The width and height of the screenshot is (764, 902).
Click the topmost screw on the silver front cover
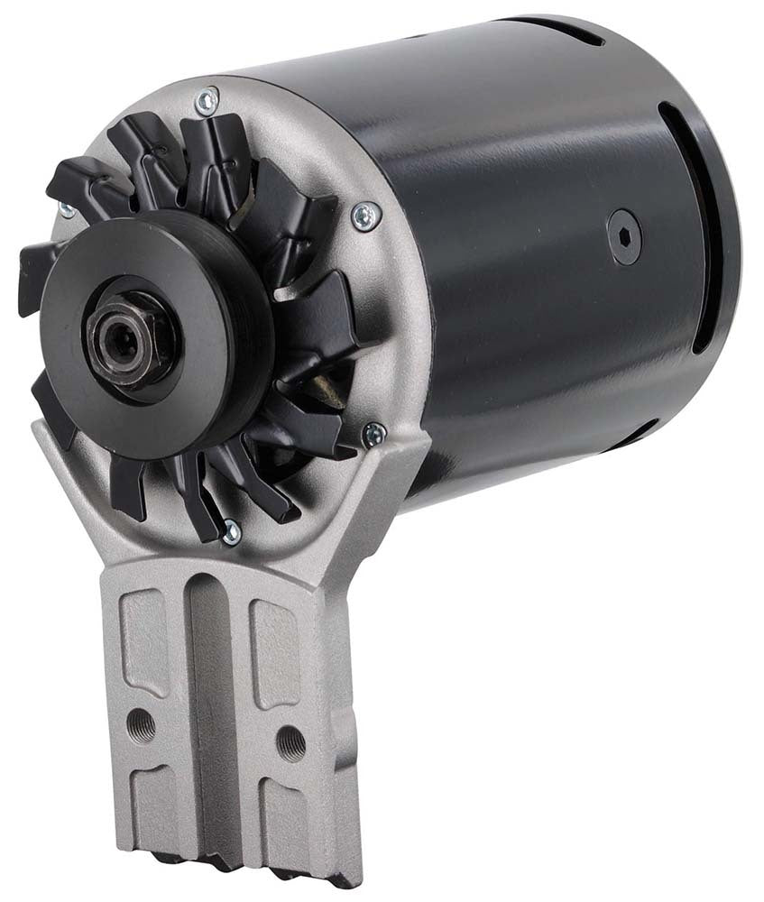208,102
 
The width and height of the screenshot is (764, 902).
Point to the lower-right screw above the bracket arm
373,434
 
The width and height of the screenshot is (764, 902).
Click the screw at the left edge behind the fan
66,209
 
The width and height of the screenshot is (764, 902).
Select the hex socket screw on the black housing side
624,237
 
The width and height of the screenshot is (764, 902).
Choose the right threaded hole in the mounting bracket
290,741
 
